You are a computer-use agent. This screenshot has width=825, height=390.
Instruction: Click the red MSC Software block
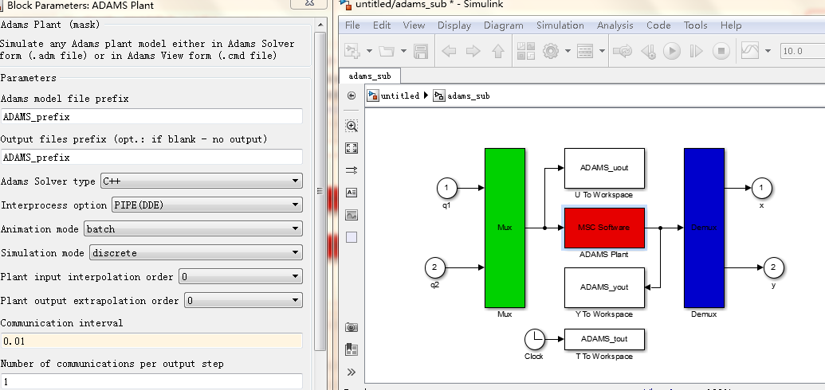pos(604,228)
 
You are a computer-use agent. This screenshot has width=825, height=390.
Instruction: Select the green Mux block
pos(505,228)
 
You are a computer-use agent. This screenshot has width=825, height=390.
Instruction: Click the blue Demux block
pos(704,228)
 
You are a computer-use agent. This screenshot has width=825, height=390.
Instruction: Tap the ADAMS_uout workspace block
pos(604,168)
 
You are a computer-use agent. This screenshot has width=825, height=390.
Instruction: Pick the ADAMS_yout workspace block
pos(604,287)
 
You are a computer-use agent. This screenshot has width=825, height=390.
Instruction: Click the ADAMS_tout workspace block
pos(604,339)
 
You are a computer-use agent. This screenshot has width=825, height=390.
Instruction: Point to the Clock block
pos(534,339)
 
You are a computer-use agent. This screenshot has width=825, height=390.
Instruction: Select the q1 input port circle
pos(447,188)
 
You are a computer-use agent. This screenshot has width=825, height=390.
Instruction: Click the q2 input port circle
pos(434,267)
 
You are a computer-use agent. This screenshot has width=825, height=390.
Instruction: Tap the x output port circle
pos(761,188)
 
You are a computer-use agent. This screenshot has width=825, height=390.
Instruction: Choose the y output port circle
pos(773,267)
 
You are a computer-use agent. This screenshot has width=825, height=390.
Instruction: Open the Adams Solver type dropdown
pos(201,181)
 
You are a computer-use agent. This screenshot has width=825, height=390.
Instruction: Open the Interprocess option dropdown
pos(206,205)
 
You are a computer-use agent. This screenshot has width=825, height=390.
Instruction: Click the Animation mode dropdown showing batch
pos(193,228)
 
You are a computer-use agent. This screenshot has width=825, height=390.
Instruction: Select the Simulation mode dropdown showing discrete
pos(195,253)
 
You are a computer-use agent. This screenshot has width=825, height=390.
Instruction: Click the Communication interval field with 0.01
pos(151,341)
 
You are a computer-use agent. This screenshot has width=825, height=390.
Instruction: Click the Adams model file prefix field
pos(151,116)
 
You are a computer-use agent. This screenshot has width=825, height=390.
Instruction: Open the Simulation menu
pos(560,25)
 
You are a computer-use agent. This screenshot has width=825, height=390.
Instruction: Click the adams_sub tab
pos(370,76)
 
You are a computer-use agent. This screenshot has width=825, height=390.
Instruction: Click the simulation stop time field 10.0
pos(800,51)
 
